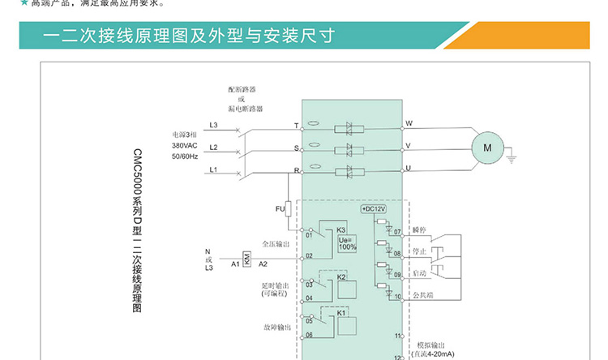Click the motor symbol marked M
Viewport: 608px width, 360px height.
487,147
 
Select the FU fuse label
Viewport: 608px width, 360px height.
280,208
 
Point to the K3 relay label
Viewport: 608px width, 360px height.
341,230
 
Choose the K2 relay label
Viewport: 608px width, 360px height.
341,277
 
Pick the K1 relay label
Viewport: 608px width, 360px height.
341,313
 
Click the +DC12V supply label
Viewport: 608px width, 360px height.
375,209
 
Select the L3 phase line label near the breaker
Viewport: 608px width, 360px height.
213,125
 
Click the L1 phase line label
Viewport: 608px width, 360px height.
213,169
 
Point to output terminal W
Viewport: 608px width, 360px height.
409,123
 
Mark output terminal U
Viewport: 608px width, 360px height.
409,168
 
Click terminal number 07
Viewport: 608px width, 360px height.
397,233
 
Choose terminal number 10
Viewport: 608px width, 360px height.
397,296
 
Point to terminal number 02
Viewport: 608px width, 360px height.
309,256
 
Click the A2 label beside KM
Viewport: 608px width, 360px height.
263,264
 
